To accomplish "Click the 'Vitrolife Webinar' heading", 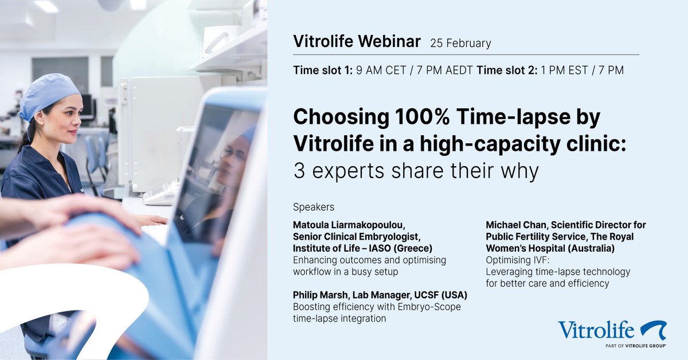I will [357, 42].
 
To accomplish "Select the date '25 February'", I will [460, 43].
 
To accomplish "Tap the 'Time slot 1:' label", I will [322, 71].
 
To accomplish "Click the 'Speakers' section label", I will [314, 206].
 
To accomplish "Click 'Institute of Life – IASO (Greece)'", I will [362, 248].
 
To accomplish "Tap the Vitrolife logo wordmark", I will [596, 330].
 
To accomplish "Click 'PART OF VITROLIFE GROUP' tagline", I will [635, 346].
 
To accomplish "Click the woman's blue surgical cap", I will [50, 95].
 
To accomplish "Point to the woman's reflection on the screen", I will [229, 172].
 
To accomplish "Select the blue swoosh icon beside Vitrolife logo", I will [653, 330].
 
